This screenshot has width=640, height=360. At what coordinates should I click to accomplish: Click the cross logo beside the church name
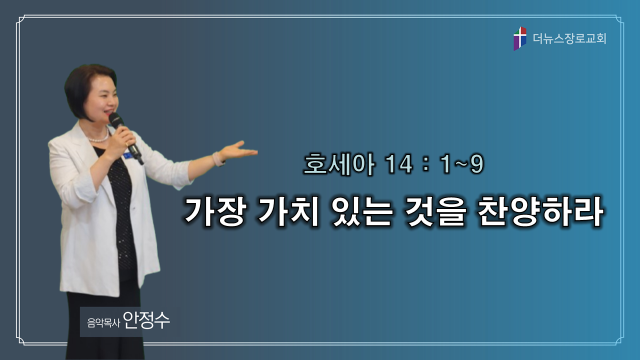(519, 38)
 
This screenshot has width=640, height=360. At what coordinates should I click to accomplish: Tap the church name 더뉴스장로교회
(569, 38)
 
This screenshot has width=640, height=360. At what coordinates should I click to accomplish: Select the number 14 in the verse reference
(398, 164)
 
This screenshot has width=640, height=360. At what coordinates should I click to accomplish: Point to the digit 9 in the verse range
(476, 164)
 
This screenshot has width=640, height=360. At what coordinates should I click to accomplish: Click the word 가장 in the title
(215, 212)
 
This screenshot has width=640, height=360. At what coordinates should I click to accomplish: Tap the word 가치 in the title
(288, 212)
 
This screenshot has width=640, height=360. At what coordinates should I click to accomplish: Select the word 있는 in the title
(361, 212)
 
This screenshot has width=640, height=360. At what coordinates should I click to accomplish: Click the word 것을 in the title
(434, 212)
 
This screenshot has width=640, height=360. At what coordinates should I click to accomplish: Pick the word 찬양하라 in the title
(540, 212)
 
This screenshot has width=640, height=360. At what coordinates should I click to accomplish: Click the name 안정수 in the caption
(146, 320)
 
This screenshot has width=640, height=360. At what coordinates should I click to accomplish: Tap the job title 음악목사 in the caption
(103, 323)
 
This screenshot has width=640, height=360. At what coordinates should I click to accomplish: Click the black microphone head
(115, 119)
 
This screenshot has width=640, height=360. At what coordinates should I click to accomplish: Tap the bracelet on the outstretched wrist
(218, 159)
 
